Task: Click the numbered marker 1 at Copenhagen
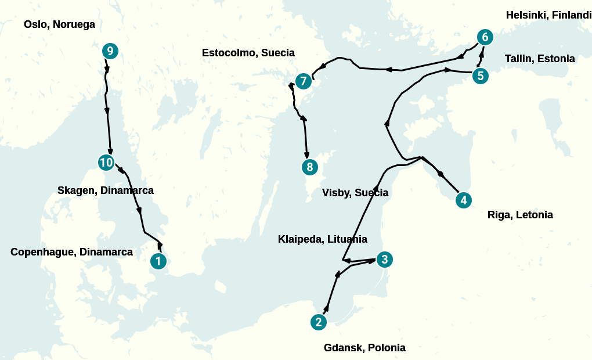pos(158,262)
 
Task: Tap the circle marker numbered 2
pos(318,322)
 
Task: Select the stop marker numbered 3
pos(384,260)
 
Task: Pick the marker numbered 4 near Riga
pos(463,200)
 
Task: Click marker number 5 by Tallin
pos(480,76)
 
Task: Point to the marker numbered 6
pos(485,38)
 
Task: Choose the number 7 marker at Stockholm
pos(303,81)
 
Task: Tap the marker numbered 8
pos(310,167)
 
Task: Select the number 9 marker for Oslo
pos(110,51)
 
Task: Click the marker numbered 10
pos(106,163)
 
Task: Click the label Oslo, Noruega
pos(59,24)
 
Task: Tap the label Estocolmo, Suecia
pos(248,53)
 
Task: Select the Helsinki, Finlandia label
pos(548,15)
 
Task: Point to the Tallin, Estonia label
pos(540,59)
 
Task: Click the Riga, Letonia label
pos(520,215)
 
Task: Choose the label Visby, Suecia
pos(355,193)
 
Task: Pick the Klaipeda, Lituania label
pos(323,239)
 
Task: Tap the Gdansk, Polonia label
pos(364,348)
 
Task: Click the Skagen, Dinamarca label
pos(106,190)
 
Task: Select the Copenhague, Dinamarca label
pos(71,252)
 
